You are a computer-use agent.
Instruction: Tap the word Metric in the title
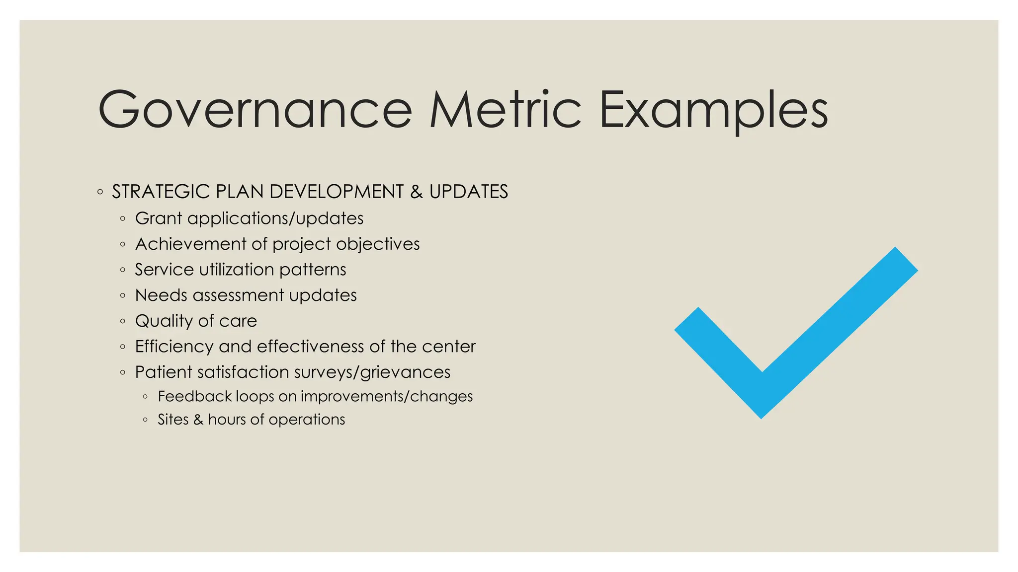pyautogui.click(x=505, y=110)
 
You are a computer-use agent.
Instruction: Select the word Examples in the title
pyautogui.click(x=714, y=110)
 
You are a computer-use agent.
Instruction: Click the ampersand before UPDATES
pyautogui.click(x=416, y=192)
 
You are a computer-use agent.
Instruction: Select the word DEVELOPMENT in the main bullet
pyautogui.click(x=336, y=192)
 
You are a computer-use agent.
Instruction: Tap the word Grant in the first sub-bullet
pyautogui.click(x=158, y=218)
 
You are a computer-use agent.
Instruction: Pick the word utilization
pyautogui.click(x=236, y=270)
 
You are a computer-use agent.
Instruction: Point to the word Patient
pyautogui.click(x=163, y=372)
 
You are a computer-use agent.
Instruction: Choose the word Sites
pyautogui.click(x=173, y=420)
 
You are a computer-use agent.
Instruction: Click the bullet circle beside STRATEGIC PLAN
pyautogui.click(x=100, y=192)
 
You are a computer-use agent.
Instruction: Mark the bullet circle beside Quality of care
pyautogui.click(x=123, y=321)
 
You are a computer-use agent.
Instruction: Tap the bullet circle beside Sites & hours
pyautogui.click(x=145, y=420)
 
